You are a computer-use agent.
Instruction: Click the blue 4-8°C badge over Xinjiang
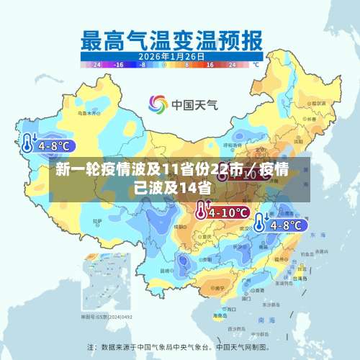[x=54, y=146]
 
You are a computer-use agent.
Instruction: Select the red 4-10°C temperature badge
[x=228, y=212]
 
